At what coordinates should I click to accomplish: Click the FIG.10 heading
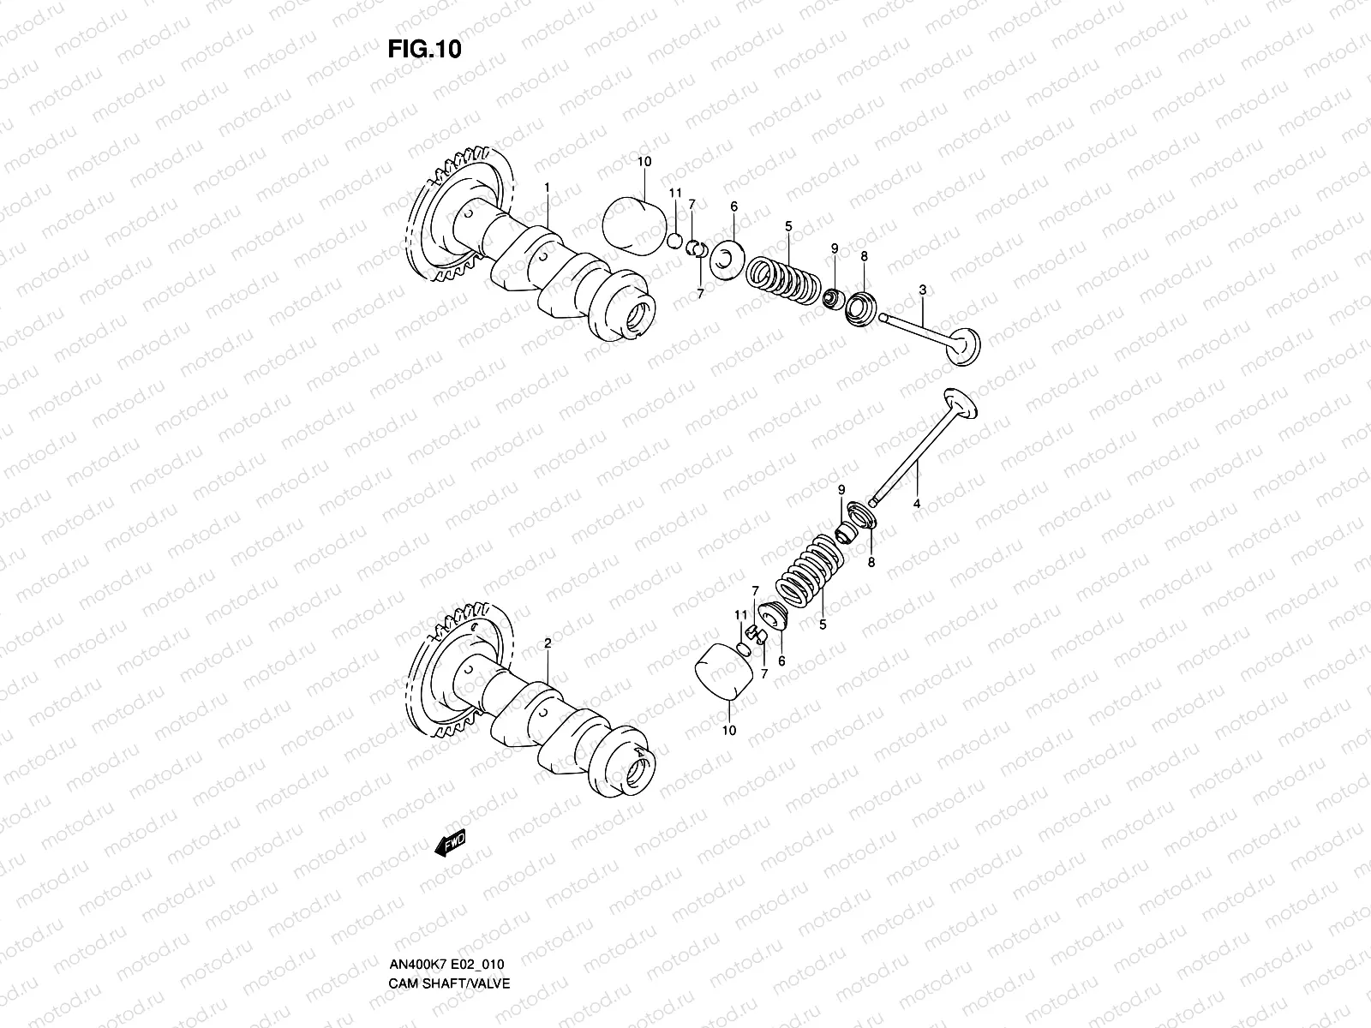[x=424, y=50]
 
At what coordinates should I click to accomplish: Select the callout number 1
[x=547, y=187]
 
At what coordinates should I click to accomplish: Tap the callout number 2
[x=547, y=642]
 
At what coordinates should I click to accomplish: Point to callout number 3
[x=922, y=290]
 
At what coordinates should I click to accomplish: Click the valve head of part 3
[x=964, y=347]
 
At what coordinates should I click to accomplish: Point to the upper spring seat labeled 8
[x=859, y=308]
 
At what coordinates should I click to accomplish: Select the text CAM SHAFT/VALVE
[x=448, y=935]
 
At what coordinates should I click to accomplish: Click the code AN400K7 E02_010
[x=448, y=917]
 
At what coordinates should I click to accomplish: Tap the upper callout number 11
[x=674, y=194]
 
